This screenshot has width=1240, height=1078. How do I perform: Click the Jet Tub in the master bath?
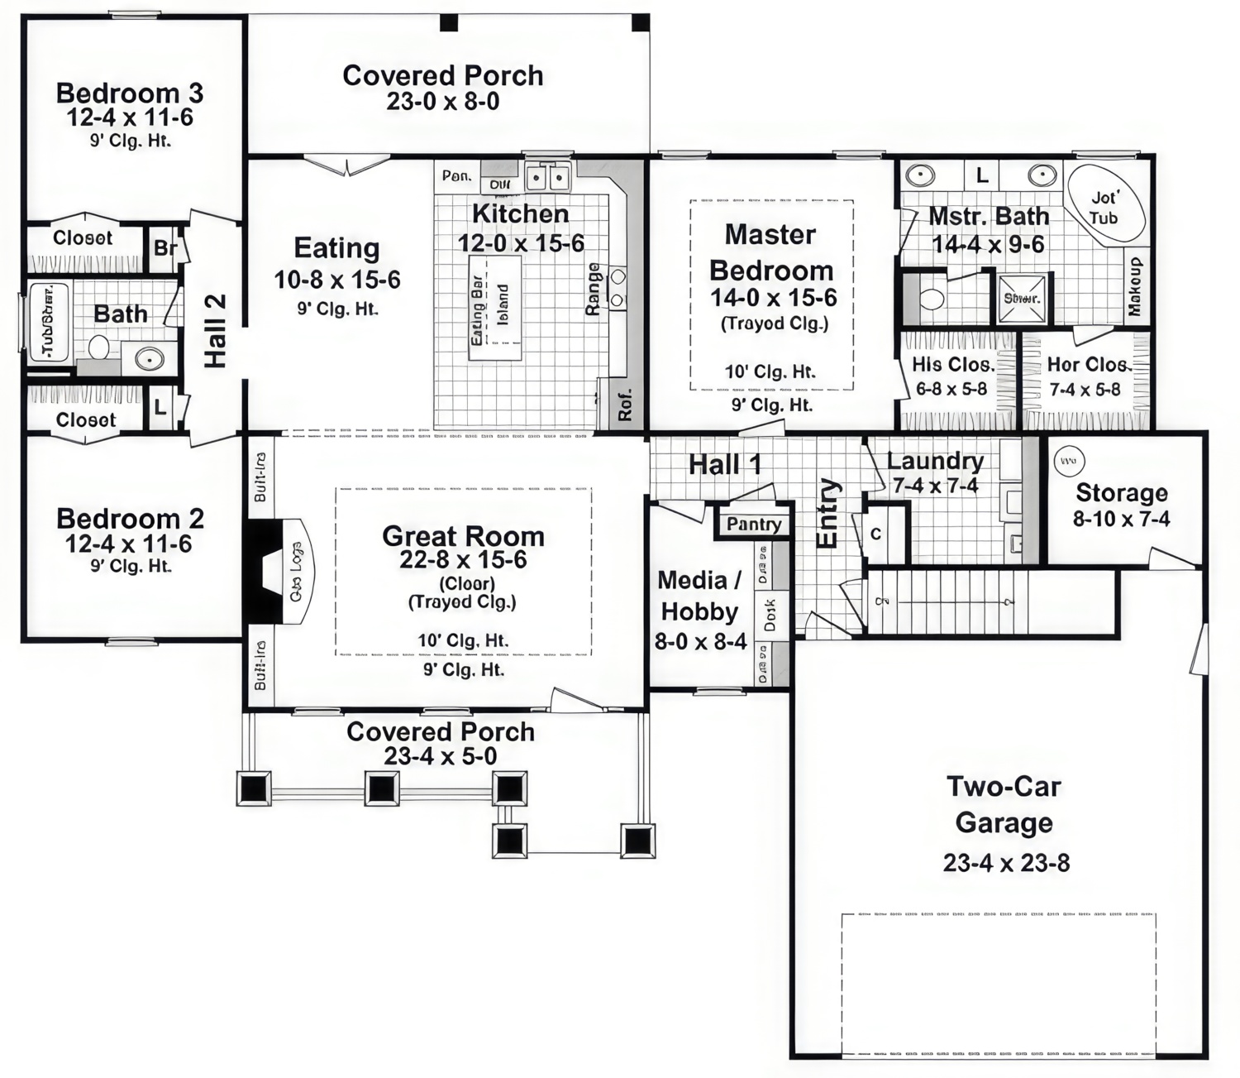tap(1105, 207)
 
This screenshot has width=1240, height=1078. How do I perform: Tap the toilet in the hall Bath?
tap(100, 347)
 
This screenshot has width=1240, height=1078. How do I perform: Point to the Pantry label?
tap(753, 524)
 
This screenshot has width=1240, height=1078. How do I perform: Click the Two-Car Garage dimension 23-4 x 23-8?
tap(1006, 863)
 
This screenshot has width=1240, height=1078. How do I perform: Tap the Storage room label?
tap(1121, 493)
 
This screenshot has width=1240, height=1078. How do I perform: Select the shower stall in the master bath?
tap(1022, 298)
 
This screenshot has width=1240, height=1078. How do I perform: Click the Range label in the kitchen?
tap(593, 289)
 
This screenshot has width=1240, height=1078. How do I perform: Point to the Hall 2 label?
tap(215, 330)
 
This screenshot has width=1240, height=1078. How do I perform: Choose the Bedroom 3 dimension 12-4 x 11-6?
tap(130, 117)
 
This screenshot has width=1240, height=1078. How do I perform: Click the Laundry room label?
tap(935, 461)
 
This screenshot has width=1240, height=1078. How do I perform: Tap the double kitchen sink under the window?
tap(547, 178)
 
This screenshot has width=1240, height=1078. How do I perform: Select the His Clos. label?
tap(952, 365)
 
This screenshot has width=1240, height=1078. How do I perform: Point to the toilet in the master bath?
tap(932, 298)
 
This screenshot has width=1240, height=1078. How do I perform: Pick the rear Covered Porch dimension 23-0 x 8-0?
tap(442, 102)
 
